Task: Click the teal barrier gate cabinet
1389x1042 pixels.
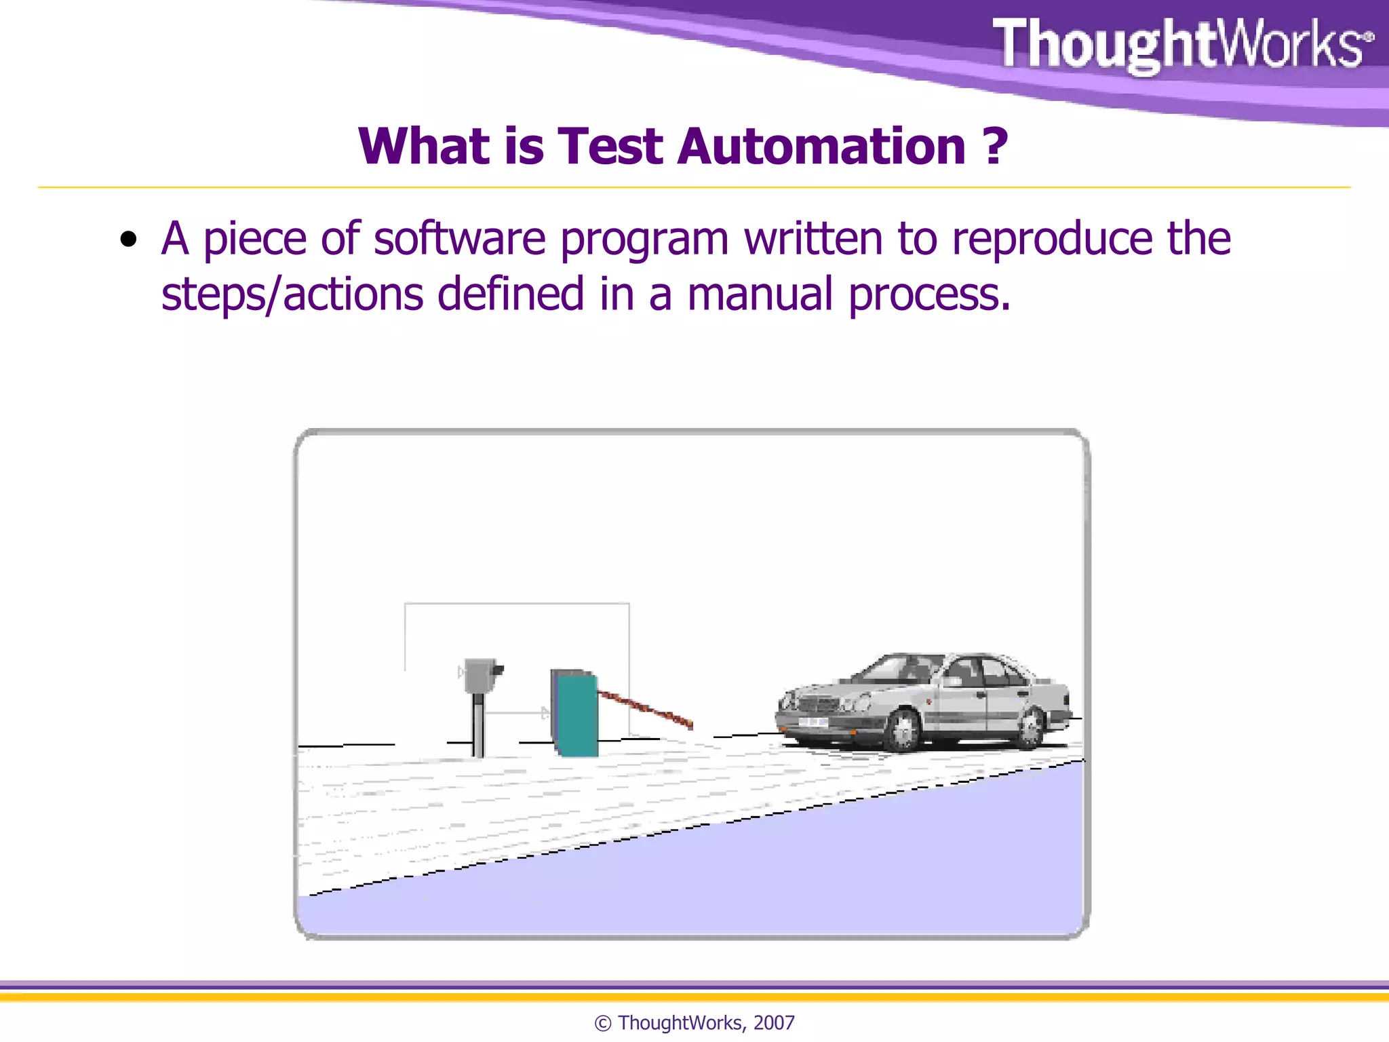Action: tap(576, 714)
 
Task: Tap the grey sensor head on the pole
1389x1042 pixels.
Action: tap(481, 675)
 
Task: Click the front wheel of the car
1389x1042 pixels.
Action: tap(904, 731)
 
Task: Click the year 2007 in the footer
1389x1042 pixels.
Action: tap(774, 1023)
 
